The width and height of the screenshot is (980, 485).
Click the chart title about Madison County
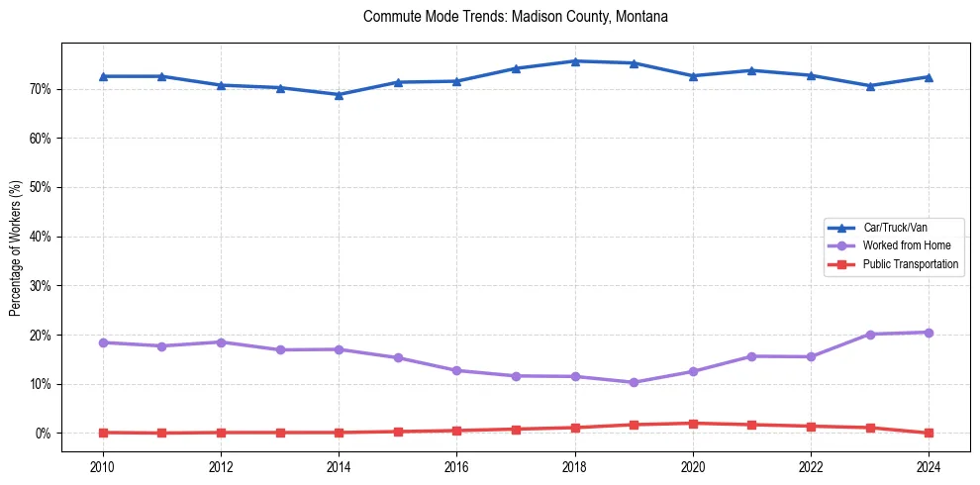516,17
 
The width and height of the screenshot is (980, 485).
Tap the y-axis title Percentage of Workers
16,248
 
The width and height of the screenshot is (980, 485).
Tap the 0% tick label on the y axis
43,434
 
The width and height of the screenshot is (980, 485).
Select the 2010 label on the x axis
102,465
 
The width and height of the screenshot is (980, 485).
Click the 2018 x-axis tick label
575,465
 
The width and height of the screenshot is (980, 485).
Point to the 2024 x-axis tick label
929,465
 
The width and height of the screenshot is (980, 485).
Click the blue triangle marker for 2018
575,61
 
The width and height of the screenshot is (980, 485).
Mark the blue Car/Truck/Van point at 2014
339,95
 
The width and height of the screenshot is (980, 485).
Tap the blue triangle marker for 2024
929,77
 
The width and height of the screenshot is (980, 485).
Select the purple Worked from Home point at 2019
634,382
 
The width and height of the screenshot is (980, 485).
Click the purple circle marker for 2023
870,335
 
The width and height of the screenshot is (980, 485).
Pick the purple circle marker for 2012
221,342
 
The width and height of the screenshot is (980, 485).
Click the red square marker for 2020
693,424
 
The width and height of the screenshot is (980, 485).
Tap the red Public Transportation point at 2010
102,433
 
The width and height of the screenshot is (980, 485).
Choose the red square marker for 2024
929,433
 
